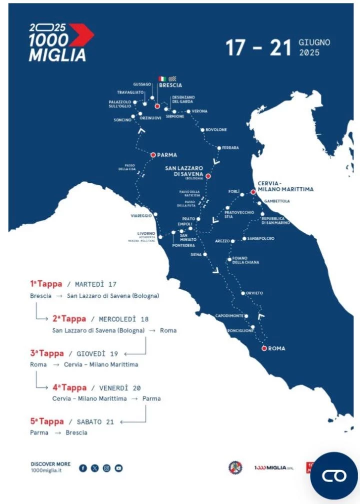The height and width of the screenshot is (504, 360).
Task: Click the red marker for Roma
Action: [264, 348]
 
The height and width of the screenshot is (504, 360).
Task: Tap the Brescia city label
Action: [170, 85]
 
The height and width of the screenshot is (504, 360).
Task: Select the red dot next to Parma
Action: [153, 155]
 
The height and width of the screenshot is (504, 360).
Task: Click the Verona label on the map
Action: [199, 111]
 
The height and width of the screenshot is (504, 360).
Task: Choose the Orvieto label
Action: [254, 293]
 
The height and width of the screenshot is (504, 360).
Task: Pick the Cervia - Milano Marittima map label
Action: [285, 186]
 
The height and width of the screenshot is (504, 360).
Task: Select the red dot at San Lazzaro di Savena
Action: [208, 176]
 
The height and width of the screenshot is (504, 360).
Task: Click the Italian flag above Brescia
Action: [162, 79]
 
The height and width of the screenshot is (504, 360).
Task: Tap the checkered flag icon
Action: [172, 79]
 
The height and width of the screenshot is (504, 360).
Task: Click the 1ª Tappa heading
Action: [46, 284]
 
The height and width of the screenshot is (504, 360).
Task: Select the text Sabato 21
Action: [95, 422]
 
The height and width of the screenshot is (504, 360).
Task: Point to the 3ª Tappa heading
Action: [46, 353]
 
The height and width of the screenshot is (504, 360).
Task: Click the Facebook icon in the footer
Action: [83, 468]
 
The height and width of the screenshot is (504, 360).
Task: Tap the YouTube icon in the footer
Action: [118, 468]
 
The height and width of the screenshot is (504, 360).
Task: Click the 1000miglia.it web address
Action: [47, 471]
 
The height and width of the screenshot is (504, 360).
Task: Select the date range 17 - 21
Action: [258, 48]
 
